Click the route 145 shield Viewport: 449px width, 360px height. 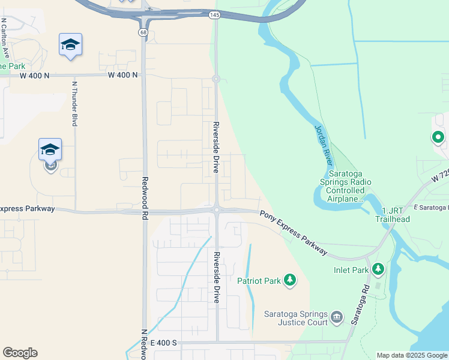(214, 14)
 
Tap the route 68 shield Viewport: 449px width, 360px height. (142, 32)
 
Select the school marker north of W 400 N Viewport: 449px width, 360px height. (70, 45)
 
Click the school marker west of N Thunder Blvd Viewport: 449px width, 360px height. (50, 150)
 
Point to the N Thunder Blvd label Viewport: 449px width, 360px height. (75, 104)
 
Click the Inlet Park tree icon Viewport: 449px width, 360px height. (378, 269)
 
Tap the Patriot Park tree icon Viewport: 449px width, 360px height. (290, 280)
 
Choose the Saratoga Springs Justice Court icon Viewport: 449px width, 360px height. (336, 316)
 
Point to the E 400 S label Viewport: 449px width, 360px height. (163, 343)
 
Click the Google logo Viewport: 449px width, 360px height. (20, 353)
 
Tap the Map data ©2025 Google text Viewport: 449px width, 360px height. (411, 355)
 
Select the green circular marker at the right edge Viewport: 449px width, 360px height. (438, 138)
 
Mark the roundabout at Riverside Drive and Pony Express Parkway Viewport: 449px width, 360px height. (216, 209)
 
